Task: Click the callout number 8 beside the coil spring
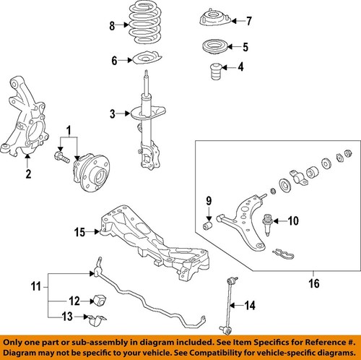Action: coord(111,27)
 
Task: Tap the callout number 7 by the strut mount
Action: coord(229,20)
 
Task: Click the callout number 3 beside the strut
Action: coord(112,113)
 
